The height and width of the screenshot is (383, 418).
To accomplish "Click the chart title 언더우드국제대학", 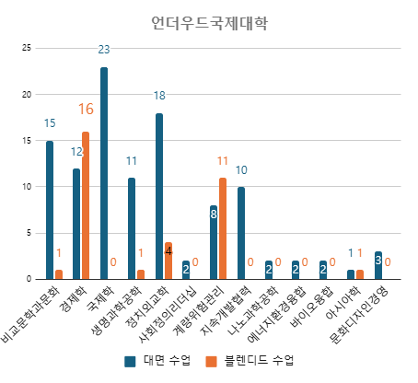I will [209, 23].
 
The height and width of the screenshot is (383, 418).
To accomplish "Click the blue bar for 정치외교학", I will [159, 196].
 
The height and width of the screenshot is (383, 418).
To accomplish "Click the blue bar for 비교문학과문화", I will [50, 210].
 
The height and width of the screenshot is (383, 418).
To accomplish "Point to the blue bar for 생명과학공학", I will [132, 228].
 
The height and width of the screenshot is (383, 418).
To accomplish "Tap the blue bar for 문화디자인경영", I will [378, 265].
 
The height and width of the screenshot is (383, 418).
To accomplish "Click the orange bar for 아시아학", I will [360, 274].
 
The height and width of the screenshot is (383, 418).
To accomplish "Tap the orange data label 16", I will [86, 110].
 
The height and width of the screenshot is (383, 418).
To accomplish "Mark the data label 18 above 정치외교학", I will [159, 96].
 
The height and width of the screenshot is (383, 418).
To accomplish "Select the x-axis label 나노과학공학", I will [252, 311].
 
